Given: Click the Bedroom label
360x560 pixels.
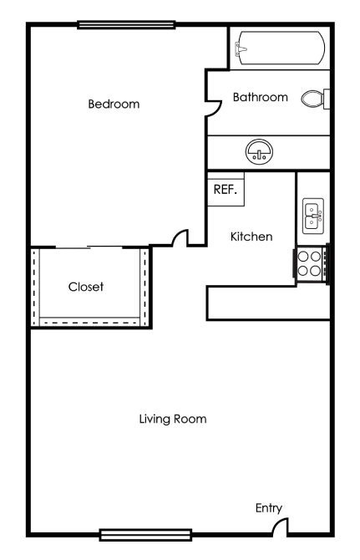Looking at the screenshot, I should pyautogui.click(x=114, y=104).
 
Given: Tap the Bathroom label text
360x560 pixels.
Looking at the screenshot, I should pyautogui.click(x=260, y=97).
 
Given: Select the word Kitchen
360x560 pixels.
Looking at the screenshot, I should pyautogui.click(x=251, y=237).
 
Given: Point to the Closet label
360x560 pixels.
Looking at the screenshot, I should pyautogui.click(x=86, y=287).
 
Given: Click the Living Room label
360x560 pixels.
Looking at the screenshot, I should pyautogui.click(x=173, y=418).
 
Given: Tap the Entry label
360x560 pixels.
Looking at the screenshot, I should pyautogui.click(x=269, y=507).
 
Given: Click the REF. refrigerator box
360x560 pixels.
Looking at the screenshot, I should pyautogui.click(x=226, y=189).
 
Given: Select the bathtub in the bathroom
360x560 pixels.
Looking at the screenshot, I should pyautogui.click(x=280, y=48).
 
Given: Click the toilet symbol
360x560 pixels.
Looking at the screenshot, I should pyautogui.click(x=315, y=99).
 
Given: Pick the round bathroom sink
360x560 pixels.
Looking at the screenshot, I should pyautogui.click(x=258, y=152).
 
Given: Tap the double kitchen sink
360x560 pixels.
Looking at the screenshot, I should pyautogui.click(x=313, y=216).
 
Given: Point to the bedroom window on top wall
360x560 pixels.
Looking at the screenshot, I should pyautogui.click(x=126, y=24).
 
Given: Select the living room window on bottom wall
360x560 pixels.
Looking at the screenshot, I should pyautogui.click(x=145, y=534).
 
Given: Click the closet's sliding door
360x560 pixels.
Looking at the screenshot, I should pyautogui.click(x=89, y=247).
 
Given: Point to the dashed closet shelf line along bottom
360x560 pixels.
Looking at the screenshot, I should pyautogui.click(x=89, y=319).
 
